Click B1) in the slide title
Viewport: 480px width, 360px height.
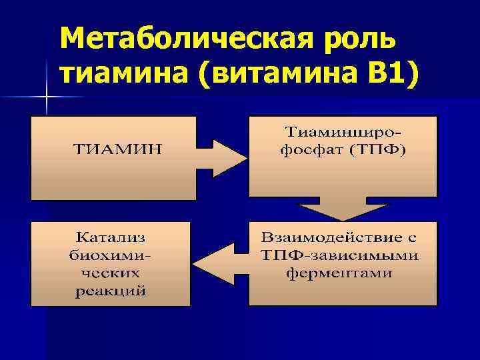tap(391, 75)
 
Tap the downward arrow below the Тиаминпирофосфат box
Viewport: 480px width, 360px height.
tap(343, 207)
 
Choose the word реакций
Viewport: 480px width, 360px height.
tap(111, 291)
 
